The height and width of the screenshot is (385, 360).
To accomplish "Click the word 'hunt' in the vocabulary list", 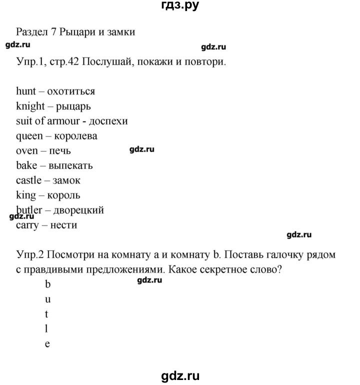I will coord(26,91).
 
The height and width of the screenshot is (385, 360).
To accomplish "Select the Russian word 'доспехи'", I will coord(109,121).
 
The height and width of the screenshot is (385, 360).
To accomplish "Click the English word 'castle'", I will coord(29,180).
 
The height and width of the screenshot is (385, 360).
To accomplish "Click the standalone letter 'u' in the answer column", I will coord(48,300).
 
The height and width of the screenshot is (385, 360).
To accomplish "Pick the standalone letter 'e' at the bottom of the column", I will coord(48,344).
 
